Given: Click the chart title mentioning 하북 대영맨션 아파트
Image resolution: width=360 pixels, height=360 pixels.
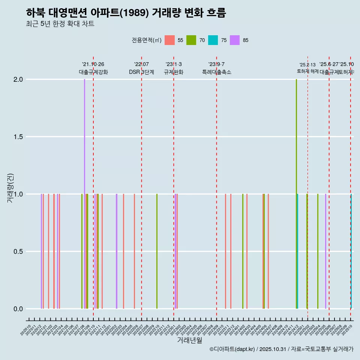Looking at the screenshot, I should click(126, 13).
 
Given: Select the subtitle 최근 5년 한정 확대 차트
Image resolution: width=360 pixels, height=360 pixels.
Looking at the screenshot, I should click(60, 24).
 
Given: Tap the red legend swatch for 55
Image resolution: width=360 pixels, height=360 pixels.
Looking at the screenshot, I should click(170, 40).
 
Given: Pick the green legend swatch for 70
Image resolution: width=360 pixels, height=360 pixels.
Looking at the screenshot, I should click(192, 40).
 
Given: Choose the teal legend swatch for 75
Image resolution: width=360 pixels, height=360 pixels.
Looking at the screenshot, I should click(213, 40).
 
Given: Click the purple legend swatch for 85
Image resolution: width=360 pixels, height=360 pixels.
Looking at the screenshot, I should click(235, 40).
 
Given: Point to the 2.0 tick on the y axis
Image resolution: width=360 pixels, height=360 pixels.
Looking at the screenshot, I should click(18, 79).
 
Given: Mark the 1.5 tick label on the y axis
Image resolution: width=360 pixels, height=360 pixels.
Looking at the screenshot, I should click(18, 137).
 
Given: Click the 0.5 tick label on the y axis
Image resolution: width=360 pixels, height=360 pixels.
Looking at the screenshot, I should click(18, 252).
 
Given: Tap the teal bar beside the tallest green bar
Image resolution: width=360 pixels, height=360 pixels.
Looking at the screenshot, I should click(298, 251).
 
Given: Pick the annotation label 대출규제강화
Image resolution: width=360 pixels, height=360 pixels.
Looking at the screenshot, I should click(93, 72).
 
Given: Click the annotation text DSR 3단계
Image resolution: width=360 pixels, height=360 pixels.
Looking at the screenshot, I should click(141, 72).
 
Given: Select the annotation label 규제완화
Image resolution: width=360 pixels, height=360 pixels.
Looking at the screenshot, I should click(174, 72).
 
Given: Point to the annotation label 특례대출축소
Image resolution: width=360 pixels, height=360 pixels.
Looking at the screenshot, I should click(217, 72).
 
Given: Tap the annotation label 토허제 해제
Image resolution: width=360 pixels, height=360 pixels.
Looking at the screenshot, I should click(307, 71).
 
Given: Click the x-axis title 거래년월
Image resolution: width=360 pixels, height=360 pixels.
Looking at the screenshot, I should click(189, 340).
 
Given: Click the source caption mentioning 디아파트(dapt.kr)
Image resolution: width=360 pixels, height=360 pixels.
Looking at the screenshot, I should click(281, 349).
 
